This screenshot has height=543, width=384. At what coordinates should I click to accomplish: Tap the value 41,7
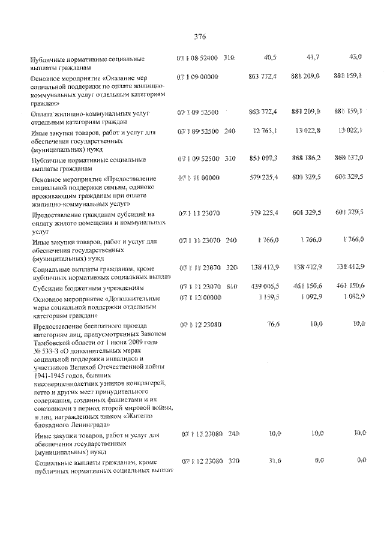[313, 57]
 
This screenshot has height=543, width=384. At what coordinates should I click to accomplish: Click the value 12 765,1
[265, 131]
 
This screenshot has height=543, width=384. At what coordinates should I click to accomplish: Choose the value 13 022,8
[309, 131]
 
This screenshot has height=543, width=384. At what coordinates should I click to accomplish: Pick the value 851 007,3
[262, 158]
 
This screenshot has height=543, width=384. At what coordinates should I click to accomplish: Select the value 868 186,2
[307, 158]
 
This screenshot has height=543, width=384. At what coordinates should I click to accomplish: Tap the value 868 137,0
[349, 158]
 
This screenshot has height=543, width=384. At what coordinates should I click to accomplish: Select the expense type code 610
[232, 287]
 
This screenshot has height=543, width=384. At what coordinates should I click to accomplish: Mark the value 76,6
[271, 325]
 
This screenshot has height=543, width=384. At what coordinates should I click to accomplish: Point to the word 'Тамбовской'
[50, 342]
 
